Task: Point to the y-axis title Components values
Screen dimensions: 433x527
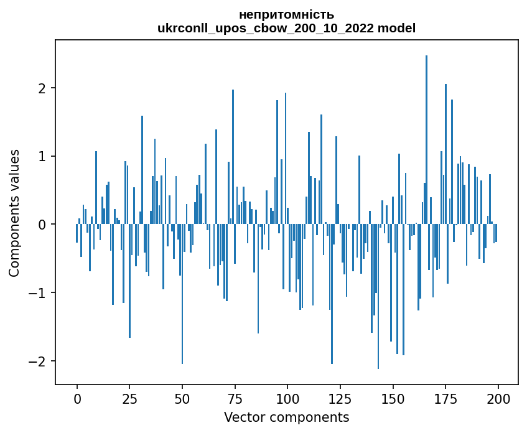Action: [x=14, y=213]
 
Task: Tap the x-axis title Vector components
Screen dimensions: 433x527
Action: [x=286, y=417]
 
